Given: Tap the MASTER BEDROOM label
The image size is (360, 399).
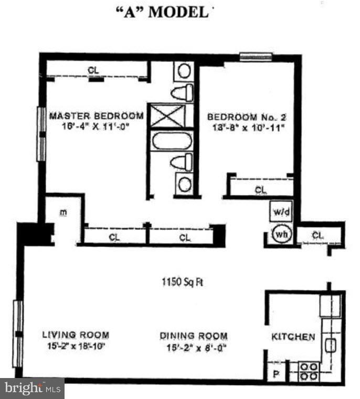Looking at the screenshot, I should click(x=96, y=116).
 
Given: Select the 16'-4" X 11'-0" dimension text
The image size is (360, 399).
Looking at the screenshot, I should click(x=96, y=126).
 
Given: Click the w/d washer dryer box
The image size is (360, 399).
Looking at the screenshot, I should click(x=278, y=213).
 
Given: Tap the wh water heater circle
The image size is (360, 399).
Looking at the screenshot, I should click(x=280, y=234).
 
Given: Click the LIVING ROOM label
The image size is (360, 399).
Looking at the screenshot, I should click(x=76, y=335).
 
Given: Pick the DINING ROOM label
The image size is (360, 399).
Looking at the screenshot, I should click(x=194, y=336).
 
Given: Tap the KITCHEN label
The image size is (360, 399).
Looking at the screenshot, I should click(x=293, y=337).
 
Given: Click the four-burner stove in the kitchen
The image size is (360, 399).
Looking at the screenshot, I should click(x=309, y=371).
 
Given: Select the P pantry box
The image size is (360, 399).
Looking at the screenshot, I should click(x=276, y=374).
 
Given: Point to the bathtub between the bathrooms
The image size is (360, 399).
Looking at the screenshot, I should click(x=172, y=141).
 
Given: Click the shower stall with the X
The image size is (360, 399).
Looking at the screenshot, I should click(x=167, y=115).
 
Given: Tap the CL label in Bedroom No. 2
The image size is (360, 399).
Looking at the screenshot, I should click(x=260, y=189).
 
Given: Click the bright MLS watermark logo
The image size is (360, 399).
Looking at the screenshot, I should click(x=32, y=389).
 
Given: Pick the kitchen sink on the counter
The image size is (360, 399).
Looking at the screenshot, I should click(x=331, y=344).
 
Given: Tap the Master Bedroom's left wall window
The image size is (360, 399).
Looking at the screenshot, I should click(x=39, y=134).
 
